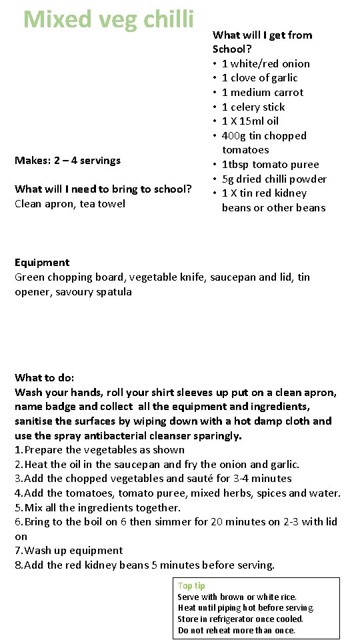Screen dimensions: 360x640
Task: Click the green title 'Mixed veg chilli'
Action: tap(109, 19)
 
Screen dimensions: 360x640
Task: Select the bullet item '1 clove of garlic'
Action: tap(259, 78)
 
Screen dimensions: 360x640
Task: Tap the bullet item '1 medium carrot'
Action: tap(262, 93)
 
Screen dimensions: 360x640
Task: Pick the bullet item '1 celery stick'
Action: tap(253, 107)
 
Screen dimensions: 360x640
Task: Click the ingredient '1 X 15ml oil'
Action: tap(250, 121)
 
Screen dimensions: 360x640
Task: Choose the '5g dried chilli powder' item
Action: tap(274, 179)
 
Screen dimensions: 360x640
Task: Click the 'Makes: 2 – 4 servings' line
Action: tap(67, 161)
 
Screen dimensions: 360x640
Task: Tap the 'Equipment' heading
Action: tap(42, 263)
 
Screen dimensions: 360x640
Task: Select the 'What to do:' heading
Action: tap(45, 377)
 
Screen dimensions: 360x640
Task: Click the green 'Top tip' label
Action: tap(191, 586)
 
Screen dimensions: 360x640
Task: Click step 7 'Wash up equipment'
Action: tap(73, 551)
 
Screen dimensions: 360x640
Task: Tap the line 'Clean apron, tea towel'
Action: tap(70, 204)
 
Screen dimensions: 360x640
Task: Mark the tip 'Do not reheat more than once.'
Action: tap(237, 631)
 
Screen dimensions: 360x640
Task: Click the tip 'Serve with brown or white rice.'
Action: tap(237, 597)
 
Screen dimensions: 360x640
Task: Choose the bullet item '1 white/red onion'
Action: tap(265, 64)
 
